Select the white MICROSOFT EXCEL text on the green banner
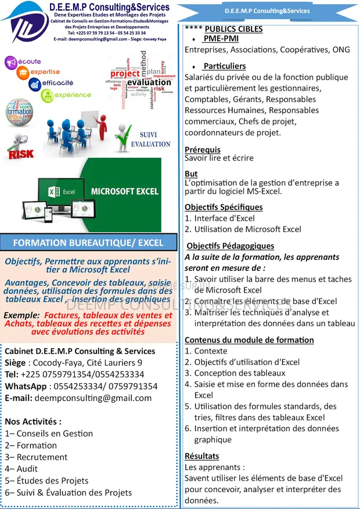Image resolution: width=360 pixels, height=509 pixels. (125, 191)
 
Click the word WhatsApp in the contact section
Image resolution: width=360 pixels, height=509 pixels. (26, 386)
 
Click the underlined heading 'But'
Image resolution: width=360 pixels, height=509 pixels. (191, 174)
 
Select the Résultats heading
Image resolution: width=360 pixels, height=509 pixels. (201, 456)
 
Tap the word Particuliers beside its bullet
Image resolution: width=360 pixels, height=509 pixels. (224, 66)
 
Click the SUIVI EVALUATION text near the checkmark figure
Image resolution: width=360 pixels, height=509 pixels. (150, 139)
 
